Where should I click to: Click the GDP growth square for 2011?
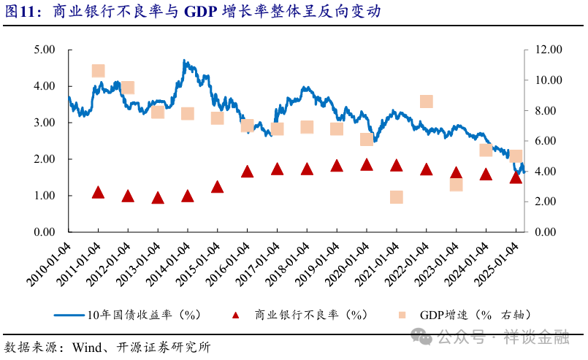tap(99, 71)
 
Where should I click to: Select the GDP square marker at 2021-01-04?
tap(397, 197)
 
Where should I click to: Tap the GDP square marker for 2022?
tap(427, 102)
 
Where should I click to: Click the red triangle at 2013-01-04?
tap(158, 198)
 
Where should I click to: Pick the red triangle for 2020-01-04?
tap(367, 165)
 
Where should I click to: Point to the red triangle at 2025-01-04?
tap(516, 177)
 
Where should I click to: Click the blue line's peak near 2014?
tap(185, 62)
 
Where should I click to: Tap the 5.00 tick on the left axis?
tap(45, 50)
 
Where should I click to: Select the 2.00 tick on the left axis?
tap(45, 159)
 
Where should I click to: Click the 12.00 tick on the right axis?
tap(541, 50)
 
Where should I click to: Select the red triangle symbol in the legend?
tap(235, 315)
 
